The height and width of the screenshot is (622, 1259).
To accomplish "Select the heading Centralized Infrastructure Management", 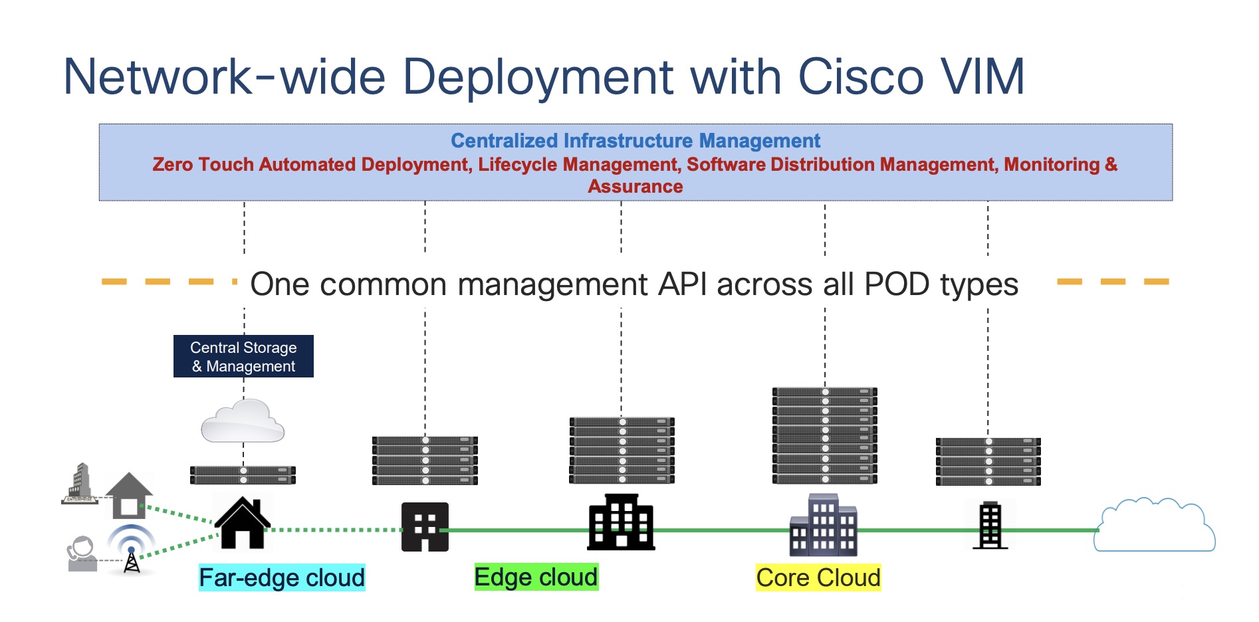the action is tap(635, 141).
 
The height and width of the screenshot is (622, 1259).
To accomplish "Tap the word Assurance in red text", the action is tap(635, 187).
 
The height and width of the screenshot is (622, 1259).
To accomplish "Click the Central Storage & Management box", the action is tap(243, 356).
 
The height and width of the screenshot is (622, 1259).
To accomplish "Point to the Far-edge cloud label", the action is tap(282, 577).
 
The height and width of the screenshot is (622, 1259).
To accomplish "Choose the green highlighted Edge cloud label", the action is tap(536, 577).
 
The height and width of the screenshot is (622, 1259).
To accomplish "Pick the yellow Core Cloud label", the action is tap(818, 577).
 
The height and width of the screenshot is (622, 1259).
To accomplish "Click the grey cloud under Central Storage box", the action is tap(243, 421).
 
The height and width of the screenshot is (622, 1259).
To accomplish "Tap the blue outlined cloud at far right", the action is tap(1155, 525).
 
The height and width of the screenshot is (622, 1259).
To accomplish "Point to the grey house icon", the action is tap(129, 496).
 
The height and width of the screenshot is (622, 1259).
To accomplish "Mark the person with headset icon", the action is tap(82, 554).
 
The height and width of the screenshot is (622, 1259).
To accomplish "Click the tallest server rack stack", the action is tap(825, 435).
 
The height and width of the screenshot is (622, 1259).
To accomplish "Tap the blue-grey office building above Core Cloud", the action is tap(824, 525).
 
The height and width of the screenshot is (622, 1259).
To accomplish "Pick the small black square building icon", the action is tap(425, 527).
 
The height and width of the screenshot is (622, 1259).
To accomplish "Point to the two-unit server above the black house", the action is tap(243, 475).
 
